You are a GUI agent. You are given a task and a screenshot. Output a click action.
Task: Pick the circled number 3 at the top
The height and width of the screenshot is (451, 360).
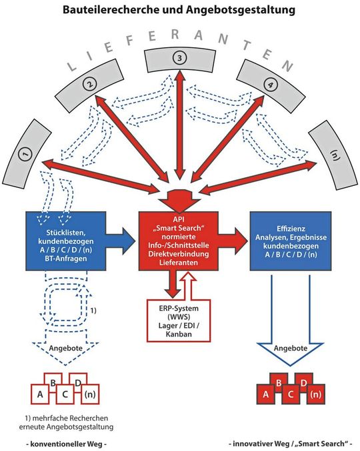click(179, 59)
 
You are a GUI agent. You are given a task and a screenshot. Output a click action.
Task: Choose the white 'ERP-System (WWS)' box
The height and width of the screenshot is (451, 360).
click(179, 321)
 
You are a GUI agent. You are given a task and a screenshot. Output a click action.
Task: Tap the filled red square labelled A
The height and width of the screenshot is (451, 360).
click(266, 394)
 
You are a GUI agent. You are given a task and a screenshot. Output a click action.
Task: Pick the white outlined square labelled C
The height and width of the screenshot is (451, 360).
click(65, 394)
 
